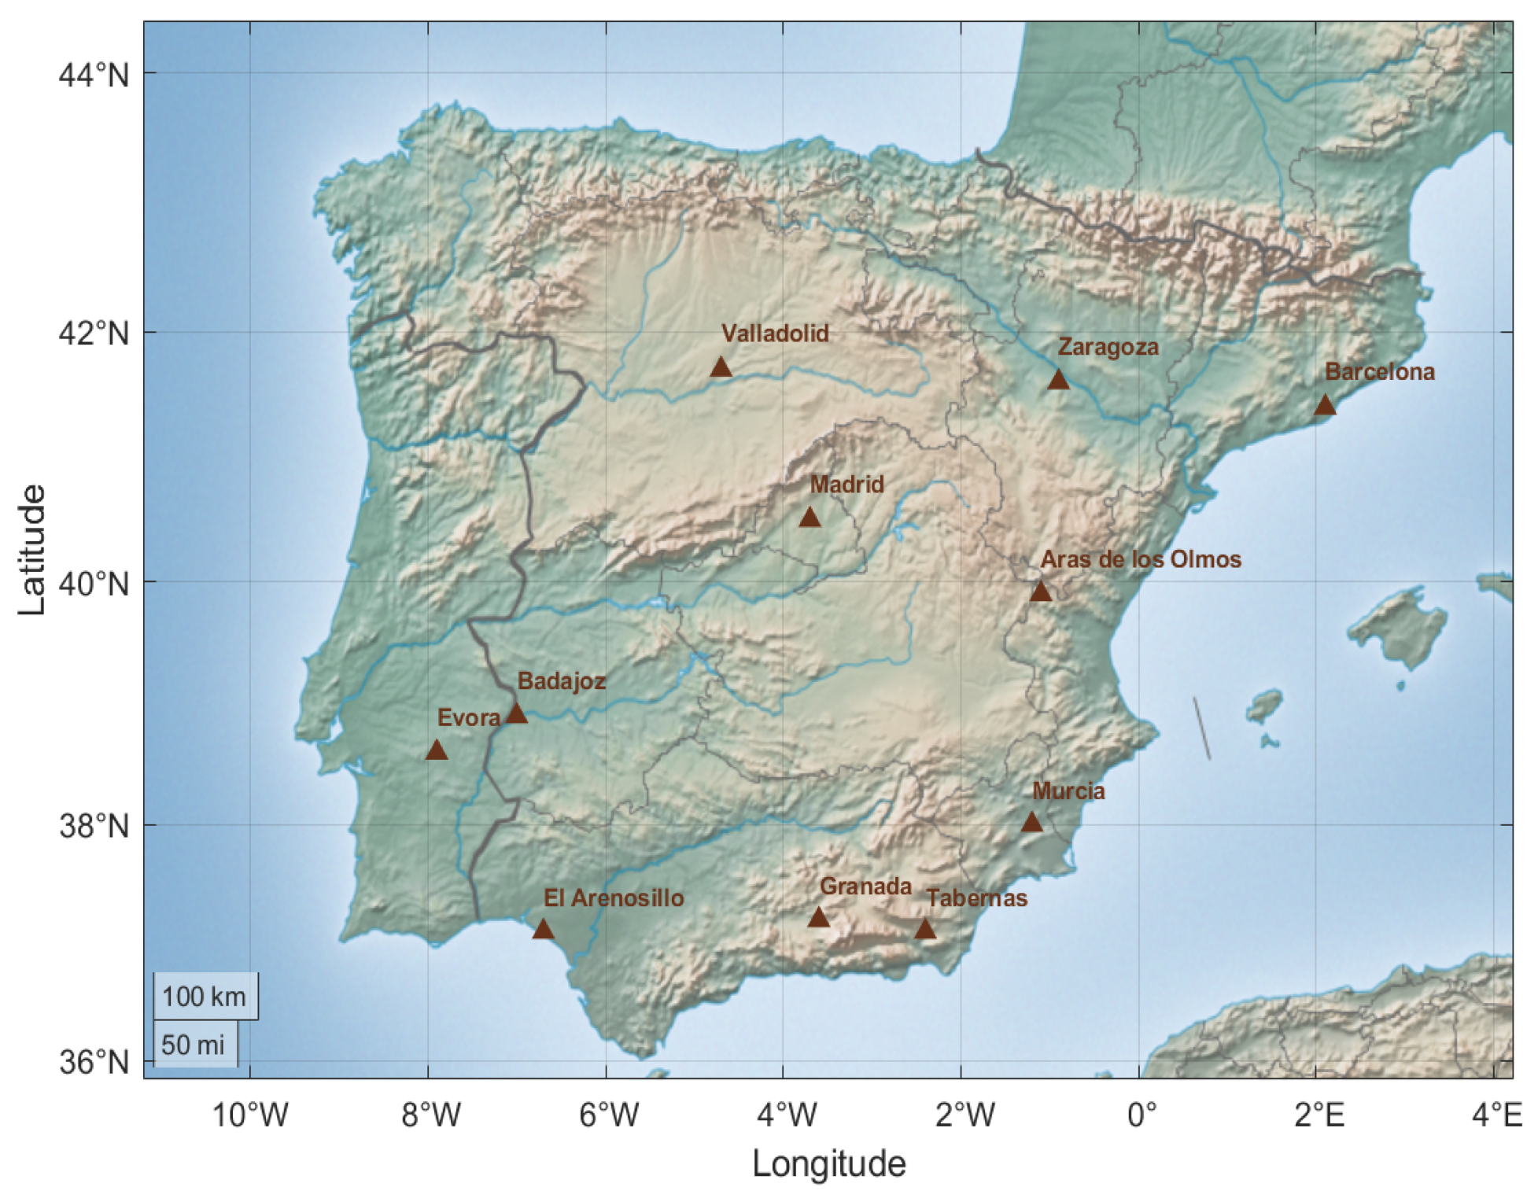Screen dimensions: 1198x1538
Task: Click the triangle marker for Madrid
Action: click(x=810, y=518)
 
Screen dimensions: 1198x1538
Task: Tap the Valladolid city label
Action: click(x=775, y=334)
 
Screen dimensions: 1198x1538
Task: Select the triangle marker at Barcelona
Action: click(x=1326, y=405)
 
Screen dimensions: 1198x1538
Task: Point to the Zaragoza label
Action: click(x=1108, y=347)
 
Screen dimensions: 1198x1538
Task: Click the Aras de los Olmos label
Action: click(x=1141, y=559)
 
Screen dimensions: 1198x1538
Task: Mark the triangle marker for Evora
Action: click(x=437, y=750)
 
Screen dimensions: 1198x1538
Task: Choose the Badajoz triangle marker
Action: click(x=516, y=713)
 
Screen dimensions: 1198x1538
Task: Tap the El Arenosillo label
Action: click(x=614, y=898)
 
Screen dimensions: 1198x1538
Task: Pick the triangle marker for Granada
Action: click(x=819, y=917)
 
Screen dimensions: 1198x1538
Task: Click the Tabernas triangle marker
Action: click(x=925, y=930)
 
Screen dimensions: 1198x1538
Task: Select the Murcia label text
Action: click(x=1068, y=791)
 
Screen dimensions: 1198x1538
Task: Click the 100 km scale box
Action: click(x=205, y=997)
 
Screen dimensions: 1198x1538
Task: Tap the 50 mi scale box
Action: click(x=194, y=1045)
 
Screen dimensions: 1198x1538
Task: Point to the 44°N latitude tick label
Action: click(x=94, y=75)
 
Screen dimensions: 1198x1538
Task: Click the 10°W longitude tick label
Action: click(x=250, y=1115)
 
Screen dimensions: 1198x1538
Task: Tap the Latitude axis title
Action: click(x=32, y=549)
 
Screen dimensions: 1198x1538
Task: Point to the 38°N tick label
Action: click(x=94, y=827)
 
